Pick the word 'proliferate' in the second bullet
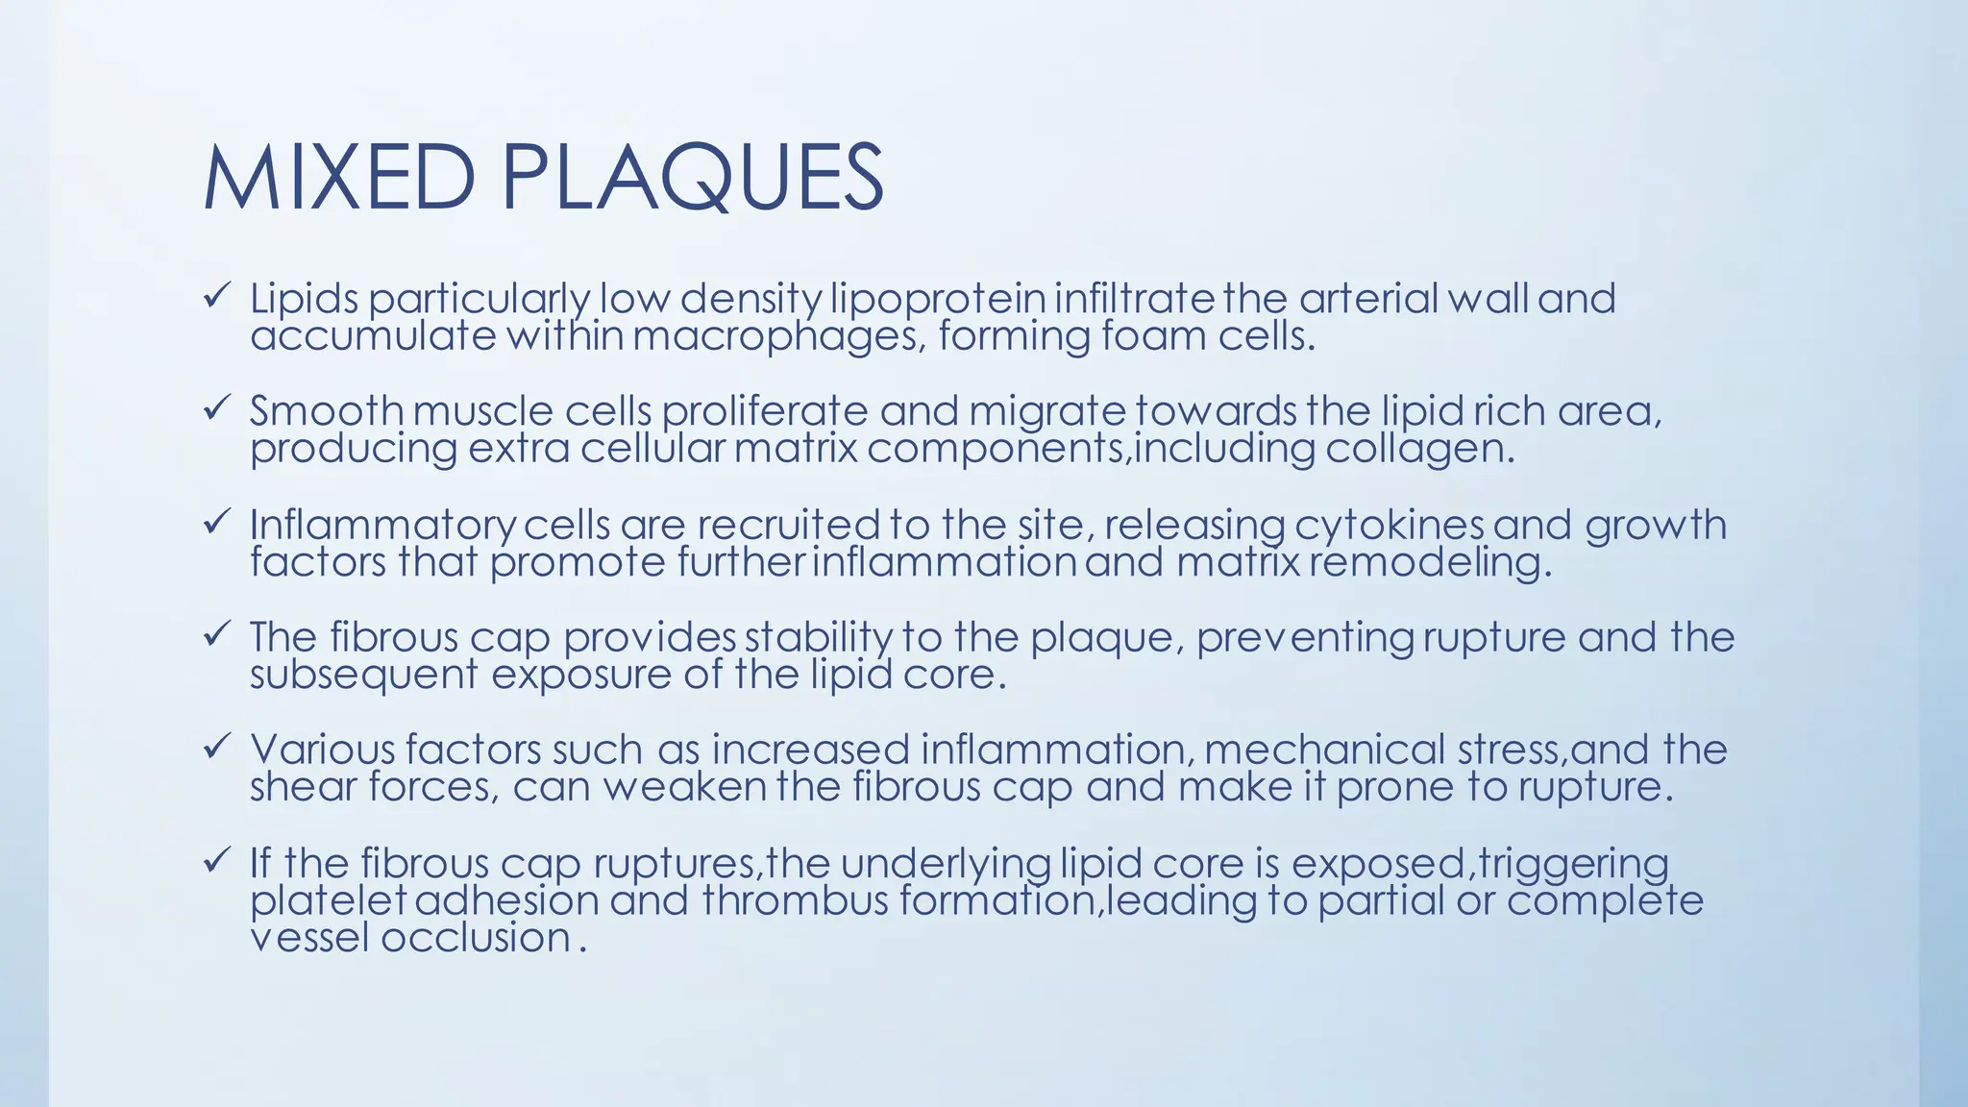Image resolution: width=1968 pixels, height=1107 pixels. point(764,411)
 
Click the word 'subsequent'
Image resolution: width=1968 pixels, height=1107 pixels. point(363,676)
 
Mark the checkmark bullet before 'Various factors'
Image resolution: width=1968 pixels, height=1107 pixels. point(215,746)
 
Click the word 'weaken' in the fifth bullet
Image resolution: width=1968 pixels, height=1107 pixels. point(684,787)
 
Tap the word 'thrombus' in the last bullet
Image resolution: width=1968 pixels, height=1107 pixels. point(795,901)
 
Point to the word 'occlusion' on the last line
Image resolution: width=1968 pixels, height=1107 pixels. point(477,938)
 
